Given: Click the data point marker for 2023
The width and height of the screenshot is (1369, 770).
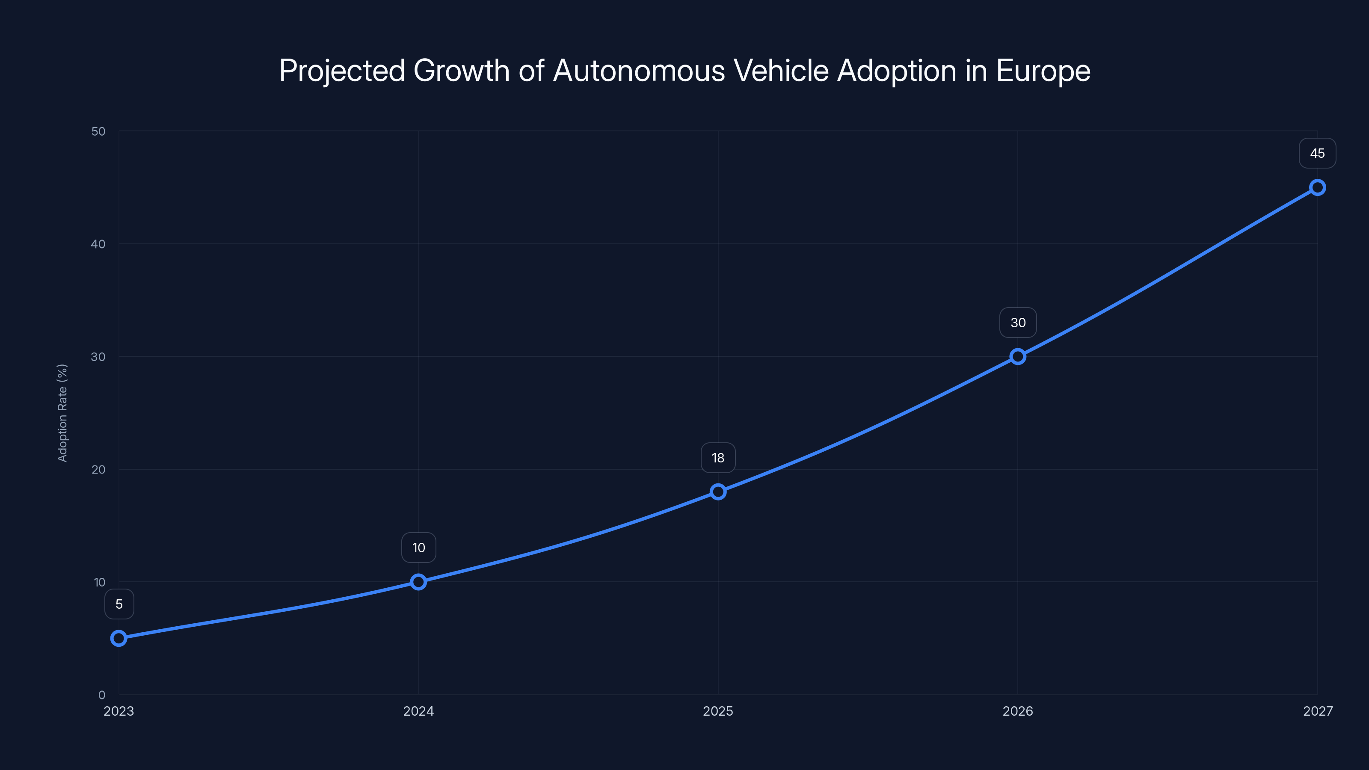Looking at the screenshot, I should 119,638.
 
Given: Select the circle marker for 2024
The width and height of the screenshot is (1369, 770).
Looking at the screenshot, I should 418,582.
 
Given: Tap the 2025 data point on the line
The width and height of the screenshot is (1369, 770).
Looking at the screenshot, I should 718,492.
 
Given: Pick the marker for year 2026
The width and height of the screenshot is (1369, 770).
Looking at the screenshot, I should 1018,357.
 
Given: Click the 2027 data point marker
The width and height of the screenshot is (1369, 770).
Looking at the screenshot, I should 1318,187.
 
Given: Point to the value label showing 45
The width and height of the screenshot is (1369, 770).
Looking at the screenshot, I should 1318,154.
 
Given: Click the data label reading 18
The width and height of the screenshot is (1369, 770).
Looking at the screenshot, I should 718,458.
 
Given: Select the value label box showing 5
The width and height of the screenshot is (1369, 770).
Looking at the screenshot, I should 119,604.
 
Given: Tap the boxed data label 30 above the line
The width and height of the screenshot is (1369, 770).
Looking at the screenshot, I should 1018,323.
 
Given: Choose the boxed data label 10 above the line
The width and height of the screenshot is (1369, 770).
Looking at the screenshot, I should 418,548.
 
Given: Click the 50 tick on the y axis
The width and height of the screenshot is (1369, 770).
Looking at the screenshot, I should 98,131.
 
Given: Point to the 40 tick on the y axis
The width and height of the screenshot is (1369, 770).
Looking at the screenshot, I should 98,244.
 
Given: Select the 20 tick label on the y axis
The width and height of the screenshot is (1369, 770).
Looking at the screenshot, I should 98,469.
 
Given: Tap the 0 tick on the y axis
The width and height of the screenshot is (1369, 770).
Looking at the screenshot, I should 101,695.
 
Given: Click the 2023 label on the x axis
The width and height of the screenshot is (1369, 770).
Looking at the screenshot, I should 119,711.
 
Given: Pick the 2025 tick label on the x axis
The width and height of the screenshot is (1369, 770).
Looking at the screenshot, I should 718,711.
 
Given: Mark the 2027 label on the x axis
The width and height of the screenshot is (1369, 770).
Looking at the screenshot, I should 1318,711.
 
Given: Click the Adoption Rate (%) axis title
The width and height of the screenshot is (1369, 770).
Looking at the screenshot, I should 62,413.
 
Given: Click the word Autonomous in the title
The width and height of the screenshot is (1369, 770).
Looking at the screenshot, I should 639,71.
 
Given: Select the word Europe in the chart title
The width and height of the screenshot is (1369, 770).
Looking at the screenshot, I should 1043,71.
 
